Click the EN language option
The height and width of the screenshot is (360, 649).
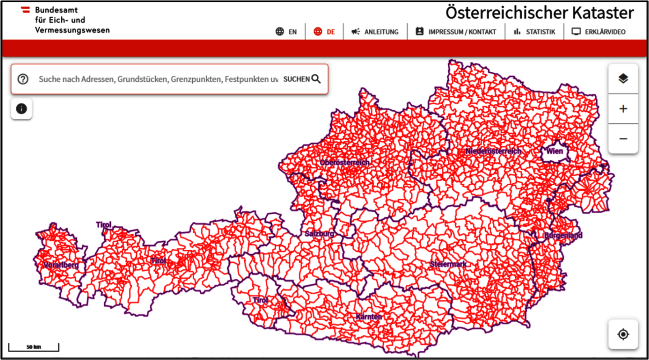pyautogui.click(x=286, y=32)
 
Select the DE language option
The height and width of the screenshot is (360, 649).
pyautogui.click(x=324, y=32)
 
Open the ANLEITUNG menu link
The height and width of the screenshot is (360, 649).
pyautogui.click(x=375, y=32)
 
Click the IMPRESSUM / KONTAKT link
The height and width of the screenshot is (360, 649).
pyautogui.click(x=456, y=32)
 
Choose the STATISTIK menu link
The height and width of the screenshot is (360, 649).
pyautogui.click(x=534, y=32)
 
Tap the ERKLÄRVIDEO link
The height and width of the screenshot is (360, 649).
pyautogui.click(x=599, y=32)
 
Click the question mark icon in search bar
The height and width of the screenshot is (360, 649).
pyautogui.click(x=23, y=79)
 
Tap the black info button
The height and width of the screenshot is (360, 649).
pyautogui.click(x=21, y=109)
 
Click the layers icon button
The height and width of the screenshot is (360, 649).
pyautogui.click(x=623, y=79)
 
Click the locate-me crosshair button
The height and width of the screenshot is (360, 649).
pyautogui.click(x=623, y=334)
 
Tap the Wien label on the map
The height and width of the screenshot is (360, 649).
pyautogui.click(x=554, y=151)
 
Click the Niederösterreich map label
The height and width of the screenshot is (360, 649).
pyautogui.click(x=493, y=151)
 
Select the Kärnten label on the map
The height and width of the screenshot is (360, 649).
pyautogui.click(x=369, y=317)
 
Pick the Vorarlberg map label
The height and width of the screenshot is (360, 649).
pyautogui.click(x=61, y=265)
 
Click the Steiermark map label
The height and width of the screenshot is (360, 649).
pyautogui.click(x=448, y=264)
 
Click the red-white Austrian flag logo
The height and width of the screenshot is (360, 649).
pyautogui.click(x=26, y=10)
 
